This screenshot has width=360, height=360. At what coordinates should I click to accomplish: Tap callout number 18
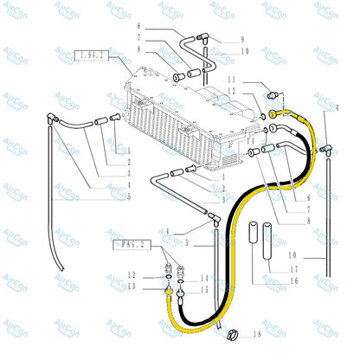(x=258, y=333)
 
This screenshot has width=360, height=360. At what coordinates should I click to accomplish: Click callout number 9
(x=242, y=40)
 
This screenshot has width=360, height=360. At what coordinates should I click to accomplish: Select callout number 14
(x=206, y=278)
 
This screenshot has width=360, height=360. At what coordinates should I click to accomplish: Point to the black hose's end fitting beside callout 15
(x=178, y=293)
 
